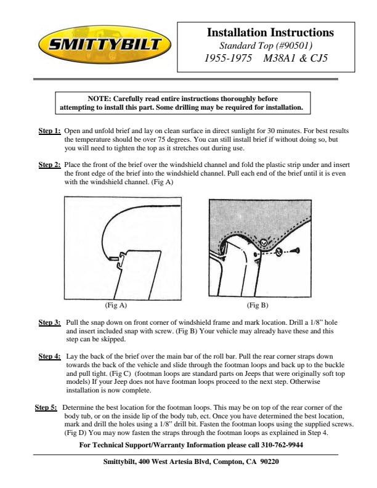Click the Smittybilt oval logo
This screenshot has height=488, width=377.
[x=105, y=44]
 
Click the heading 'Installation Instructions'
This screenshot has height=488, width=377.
[x=270, y=33]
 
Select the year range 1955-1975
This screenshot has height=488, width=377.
[x=228, y=58]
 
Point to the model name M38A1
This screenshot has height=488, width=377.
[x=279, y=58]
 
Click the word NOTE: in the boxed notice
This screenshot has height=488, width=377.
[x=99, y=99]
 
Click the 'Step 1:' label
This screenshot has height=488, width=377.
[x=49, y=131]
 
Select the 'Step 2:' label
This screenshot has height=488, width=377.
[x=49, y=165]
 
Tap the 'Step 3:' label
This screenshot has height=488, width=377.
[x=49, y=322]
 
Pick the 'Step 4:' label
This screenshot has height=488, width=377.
[x=49, y=356]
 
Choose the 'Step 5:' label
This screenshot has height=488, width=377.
[x=46, y=407]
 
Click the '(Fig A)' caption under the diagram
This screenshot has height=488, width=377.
[x=116, y=305]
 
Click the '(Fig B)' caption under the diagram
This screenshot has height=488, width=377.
[x=257, y=305]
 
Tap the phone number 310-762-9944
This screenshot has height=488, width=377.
[x=282, y=445]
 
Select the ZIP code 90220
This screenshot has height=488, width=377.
[x=269, y=462]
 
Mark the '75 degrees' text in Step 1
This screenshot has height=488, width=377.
[x=174, y=139]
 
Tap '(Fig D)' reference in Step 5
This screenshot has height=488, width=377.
[x=76, y=433]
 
